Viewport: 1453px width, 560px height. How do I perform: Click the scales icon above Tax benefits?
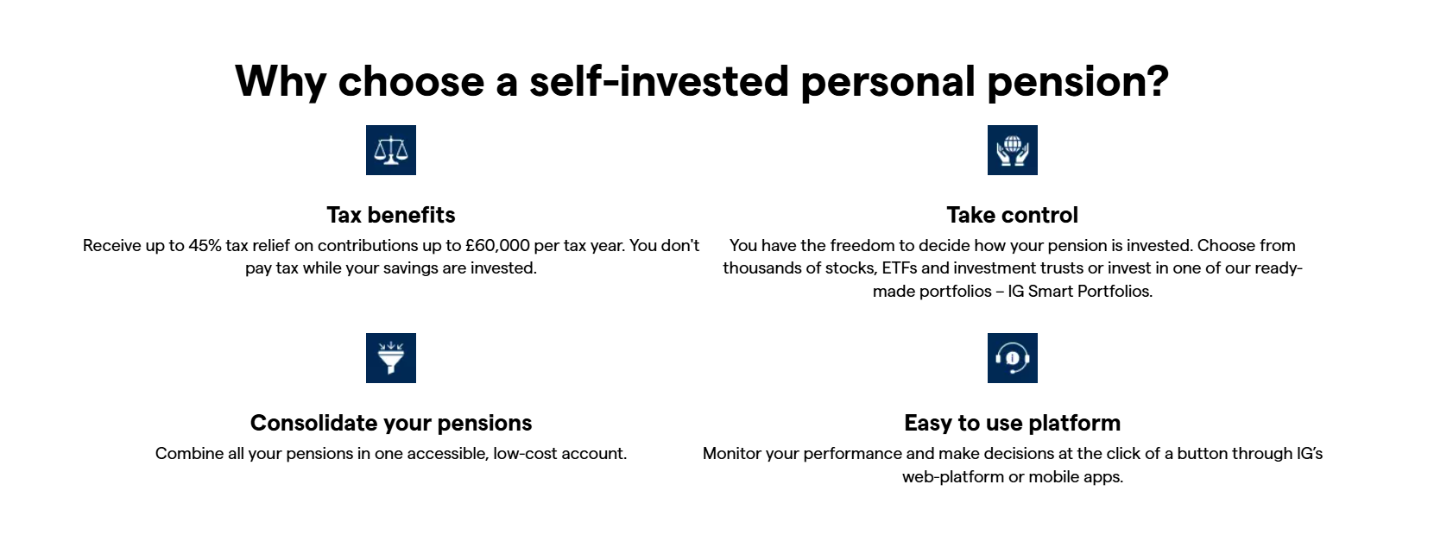(390, 150)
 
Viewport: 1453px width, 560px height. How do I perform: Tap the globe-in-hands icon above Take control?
(1012, 150)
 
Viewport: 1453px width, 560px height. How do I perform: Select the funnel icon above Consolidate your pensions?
(390, 358)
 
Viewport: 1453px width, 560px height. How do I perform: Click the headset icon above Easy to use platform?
(1012, 358)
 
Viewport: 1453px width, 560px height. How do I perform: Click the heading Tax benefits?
(390, 215)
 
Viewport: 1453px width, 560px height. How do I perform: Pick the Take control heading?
(1012, 215)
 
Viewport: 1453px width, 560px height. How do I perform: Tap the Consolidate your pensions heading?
(390, 423)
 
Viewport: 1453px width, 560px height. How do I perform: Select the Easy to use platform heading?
(1012, 423)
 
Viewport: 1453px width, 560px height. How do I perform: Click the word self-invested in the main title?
(659, 82)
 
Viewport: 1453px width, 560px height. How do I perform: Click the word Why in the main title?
(281, 82)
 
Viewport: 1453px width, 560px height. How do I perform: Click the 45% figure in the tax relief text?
(205, 246)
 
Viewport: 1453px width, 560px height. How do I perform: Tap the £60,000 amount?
(497, 246)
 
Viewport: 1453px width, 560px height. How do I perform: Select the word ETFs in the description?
(899, 268)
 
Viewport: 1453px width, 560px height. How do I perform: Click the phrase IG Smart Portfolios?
(1079, 292)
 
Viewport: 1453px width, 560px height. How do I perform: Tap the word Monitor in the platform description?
(732, 454)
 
